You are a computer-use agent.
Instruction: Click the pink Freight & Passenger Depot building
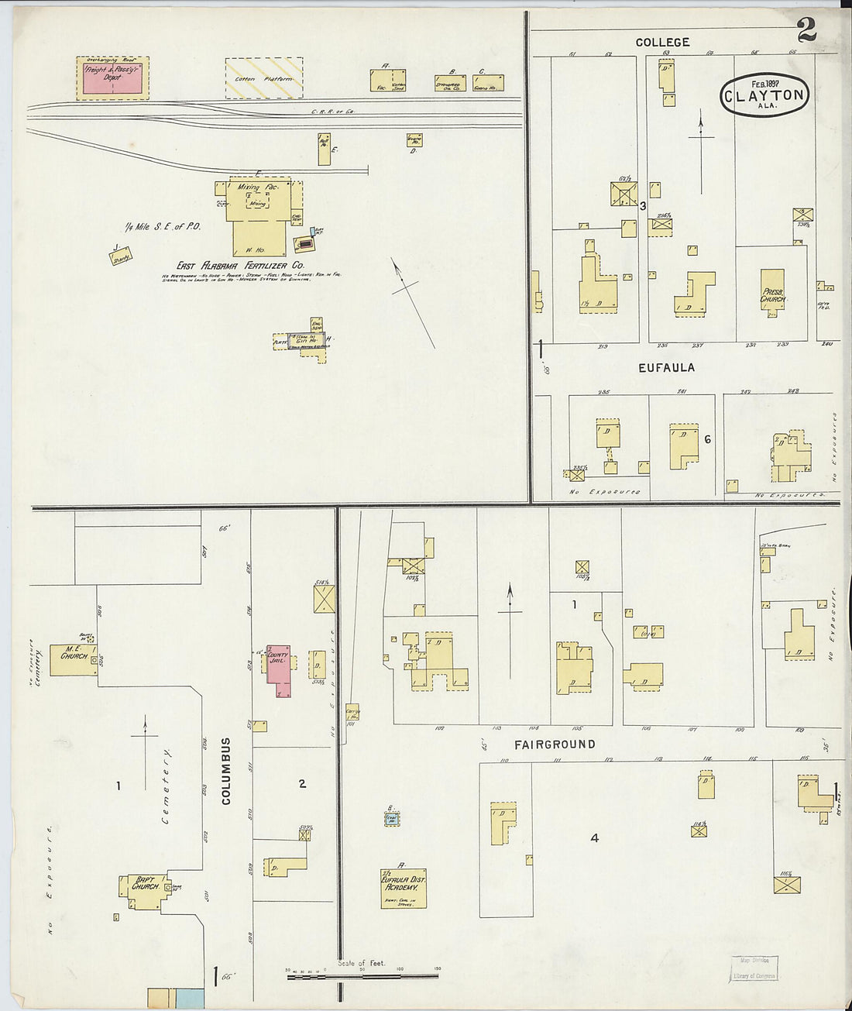point(112,80)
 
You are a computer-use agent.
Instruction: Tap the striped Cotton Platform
point(263,78)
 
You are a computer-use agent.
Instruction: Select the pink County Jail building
point(278,663)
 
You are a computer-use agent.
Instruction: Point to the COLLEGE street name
point(662,42)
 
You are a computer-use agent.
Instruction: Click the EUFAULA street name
point(666,368)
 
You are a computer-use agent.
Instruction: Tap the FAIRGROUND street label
point(555,744)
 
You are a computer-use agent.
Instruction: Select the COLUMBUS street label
point(226,771)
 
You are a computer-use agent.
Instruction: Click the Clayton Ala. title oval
point(764,95)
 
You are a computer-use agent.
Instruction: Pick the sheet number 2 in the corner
point(806,31)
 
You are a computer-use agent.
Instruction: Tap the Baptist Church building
point(144,889)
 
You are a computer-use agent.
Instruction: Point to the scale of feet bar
point(362,976)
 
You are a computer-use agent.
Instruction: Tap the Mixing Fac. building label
point(249,188)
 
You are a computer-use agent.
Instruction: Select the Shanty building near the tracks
point(121,256)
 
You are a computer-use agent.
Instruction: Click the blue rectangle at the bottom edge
point(189,998)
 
